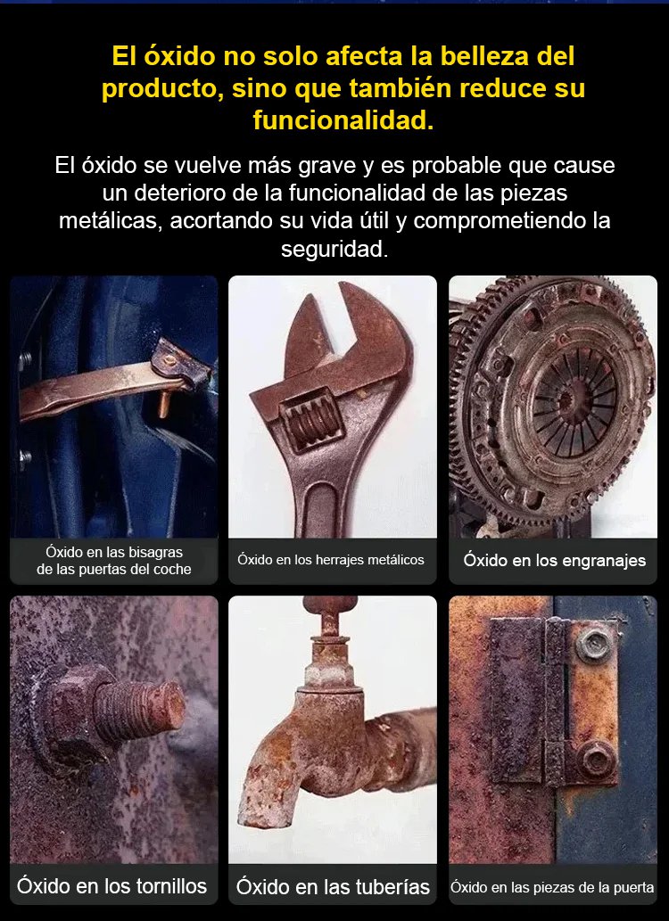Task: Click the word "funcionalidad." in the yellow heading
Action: (343, 119)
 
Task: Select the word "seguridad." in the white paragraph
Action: (334, 249)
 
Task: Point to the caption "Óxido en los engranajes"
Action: (554, 561)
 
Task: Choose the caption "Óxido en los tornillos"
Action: (112, 886)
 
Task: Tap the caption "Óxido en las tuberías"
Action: (333, 887)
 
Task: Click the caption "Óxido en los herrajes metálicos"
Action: (331, 560)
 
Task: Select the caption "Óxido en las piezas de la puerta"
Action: (552, 887)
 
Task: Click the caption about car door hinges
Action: (114, 561)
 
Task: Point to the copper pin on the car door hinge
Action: (163, 404)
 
